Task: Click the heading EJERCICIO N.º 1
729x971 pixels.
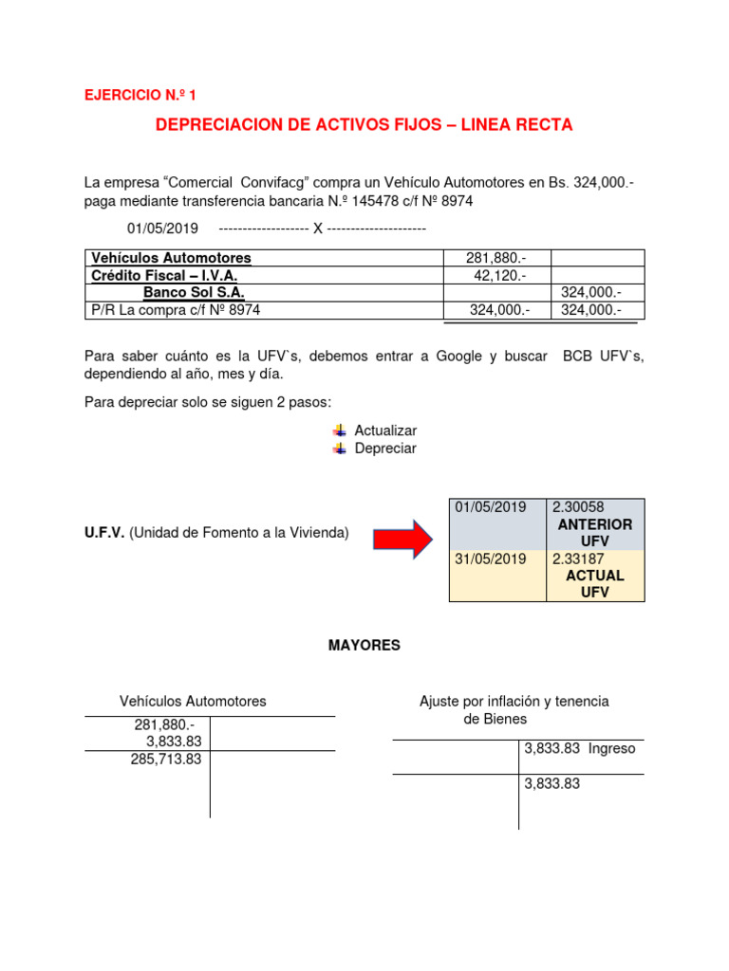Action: click(141, 95)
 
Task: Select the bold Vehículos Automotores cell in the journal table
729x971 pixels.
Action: click(171, 258)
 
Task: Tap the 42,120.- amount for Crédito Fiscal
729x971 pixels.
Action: click(499, 275)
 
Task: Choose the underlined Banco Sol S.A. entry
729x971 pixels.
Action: click(194, 292)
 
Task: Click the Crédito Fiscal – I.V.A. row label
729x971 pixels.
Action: click(163, 275)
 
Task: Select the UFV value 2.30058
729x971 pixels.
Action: click(578, 507)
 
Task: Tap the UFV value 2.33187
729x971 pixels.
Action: click(578, 559)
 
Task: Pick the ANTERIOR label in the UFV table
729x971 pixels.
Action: click(595, 524)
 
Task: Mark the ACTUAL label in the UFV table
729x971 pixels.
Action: click(595, 576)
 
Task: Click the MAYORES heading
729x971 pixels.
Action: click(364, 645)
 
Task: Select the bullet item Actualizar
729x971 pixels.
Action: click(385, 431)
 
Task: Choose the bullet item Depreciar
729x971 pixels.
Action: click(385, 449)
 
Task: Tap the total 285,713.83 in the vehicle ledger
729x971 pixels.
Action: click(166, 760)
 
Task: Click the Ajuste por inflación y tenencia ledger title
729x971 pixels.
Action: click(514, 702)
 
